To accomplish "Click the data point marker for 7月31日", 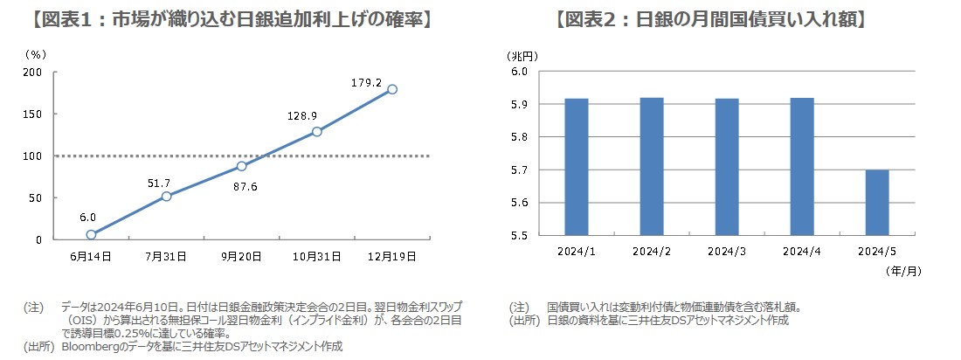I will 166,196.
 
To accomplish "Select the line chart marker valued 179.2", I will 392,89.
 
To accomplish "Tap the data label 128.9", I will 302,115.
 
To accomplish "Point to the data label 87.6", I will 242,184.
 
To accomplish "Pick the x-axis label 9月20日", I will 241,256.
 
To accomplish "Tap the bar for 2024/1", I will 577,167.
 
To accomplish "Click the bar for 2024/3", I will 727,167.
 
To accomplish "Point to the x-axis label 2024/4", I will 802,252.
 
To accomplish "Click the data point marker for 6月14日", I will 91,234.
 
